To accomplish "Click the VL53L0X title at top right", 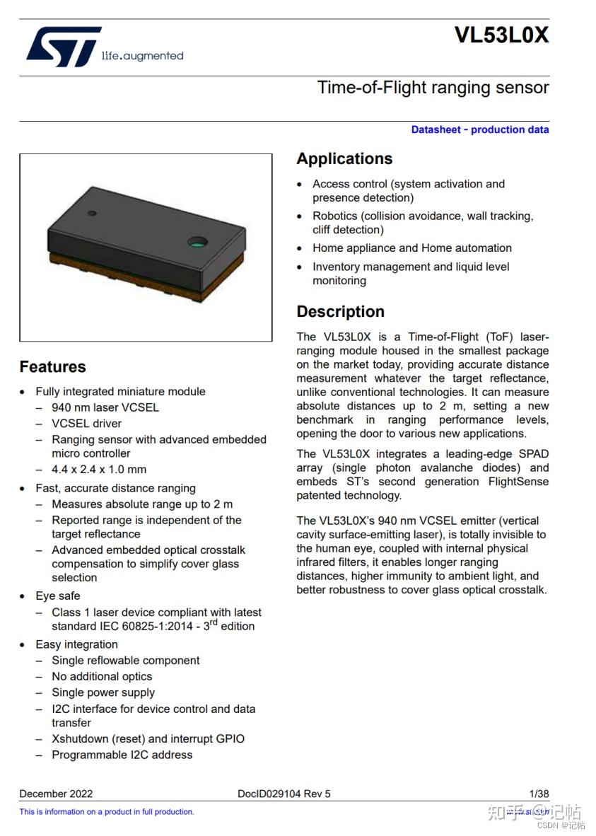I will click(x=501, y=35).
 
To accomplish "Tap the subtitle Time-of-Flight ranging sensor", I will click(x=433, y=88).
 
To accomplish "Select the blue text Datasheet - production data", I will click(x=479, y=129).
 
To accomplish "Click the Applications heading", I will click(x=344, y=158).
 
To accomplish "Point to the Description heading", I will click(x=340, y=312).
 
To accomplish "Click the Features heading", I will click(x=52, y=367).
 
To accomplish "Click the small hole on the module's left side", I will click(x=92, y=213).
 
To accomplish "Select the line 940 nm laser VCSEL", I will click(x=105, y=407).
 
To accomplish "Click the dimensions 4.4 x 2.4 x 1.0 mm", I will click(x=99, y=470).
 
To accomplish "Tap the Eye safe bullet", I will click(x=58, y=596).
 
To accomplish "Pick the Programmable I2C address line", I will click(x=122, y=755).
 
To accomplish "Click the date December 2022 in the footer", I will click(x=56, y=794).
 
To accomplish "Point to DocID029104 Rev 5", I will click(x=284, y=794).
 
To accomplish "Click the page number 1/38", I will click(x=539, y=794).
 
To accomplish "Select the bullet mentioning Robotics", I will click(x=423, y=223).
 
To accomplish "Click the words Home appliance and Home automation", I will click(x=412, y=248).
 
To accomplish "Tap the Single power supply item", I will click(x=103, y=692).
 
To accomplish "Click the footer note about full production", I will click(x=106, y=812).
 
